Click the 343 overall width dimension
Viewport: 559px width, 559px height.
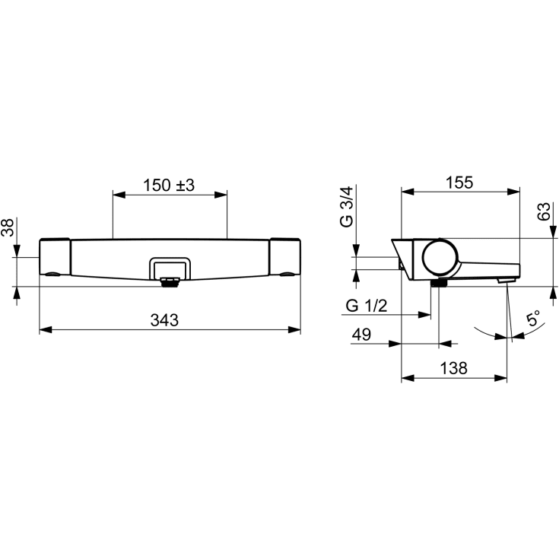[164, 320]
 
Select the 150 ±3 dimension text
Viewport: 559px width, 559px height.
[169, 186]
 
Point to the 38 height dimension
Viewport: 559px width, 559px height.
[8, 227]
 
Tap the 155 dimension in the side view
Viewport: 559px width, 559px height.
[459, 183]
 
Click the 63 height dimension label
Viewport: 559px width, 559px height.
[544, 211]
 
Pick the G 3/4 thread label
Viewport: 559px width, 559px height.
[347, 206]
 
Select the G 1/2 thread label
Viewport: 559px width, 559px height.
[367, 306]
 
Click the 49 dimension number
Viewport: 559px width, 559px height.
[361, 335]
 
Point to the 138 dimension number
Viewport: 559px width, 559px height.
[454, 368]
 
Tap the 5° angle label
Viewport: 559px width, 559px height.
[533, 318]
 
